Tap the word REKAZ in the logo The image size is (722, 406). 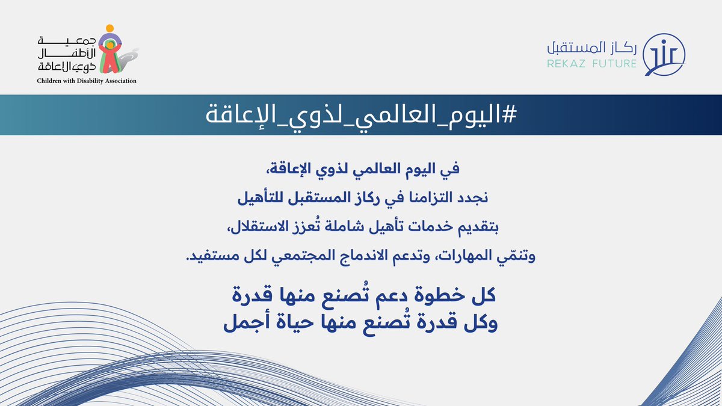[x=564, y=63]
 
